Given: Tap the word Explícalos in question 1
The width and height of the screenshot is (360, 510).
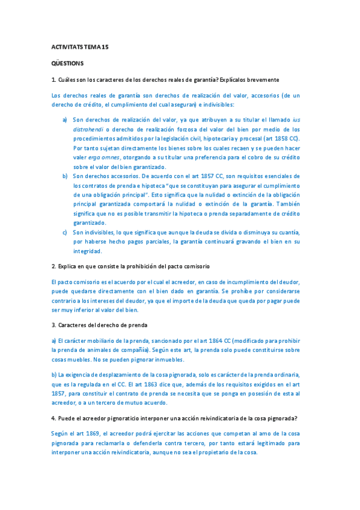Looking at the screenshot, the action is coord(238,79).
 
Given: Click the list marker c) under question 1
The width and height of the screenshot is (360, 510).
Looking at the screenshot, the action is coord(65,232).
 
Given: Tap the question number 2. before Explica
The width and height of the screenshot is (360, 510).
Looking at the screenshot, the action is coord(54,266).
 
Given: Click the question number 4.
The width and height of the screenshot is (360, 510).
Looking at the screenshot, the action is coord(53,418).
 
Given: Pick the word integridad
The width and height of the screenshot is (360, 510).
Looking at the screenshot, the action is coord(88,251).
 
